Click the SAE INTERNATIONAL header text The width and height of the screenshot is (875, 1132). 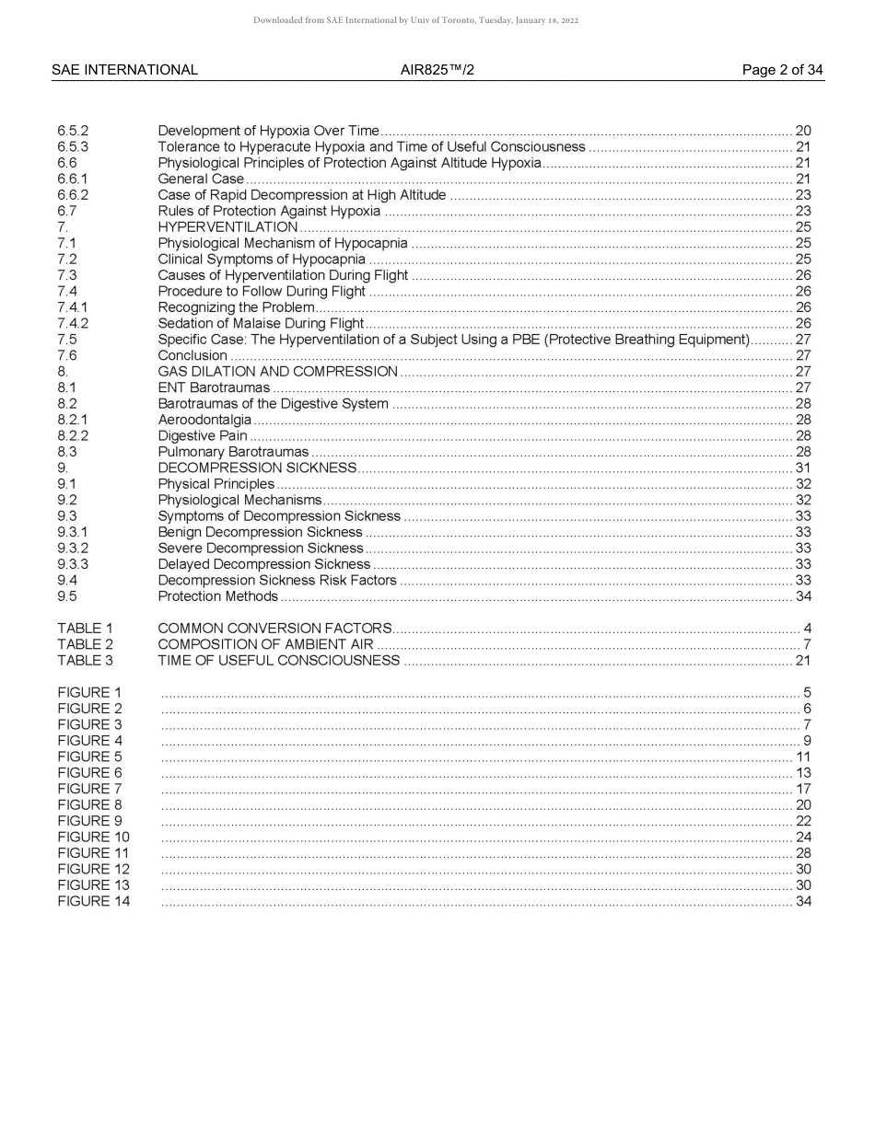[x=124, y=70]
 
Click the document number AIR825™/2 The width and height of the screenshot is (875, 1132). [x=437, y=70]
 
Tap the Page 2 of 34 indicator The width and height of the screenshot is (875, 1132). [x=782, y=70]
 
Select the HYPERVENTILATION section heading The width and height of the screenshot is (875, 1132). [x=227, y=227]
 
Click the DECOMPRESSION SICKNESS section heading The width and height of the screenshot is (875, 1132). [x=257, y=468]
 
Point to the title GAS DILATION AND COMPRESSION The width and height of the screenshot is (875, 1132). [x=277, y=372]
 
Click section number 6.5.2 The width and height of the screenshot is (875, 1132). [x=73, y=131]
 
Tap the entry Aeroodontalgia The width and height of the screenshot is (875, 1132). [x=204, y=420]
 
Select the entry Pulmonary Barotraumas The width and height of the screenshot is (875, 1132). [x=233, y=452]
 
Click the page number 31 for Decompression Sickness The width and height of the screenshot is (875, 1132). [x=802, y=468]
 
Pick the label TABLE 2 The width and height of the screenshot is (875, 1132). [x=85, y=644]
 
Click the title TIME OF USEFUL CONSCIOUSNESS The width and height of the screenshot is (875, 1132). [x=278, y=661]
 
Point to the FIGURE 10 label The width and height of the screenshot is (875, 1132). [x=93, y=837]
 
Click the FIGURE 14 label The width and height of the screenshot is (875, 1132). [x=93, y=902]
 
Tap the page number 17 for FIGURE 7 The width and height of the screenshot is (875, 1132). [x=802, y=789]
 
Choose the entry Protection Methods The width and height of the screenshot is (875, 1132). [x=217, y=596]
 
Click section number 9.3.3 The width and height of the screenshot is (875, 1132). [x=73, y=564]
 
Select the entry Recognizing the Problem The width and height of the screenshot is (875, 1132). [x=236, y=307]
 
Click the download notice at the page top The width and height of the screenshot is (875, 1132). [x=415, y=20]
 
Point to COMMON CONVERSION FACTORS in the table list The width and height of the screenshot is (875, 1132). [x=274, y=629]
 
